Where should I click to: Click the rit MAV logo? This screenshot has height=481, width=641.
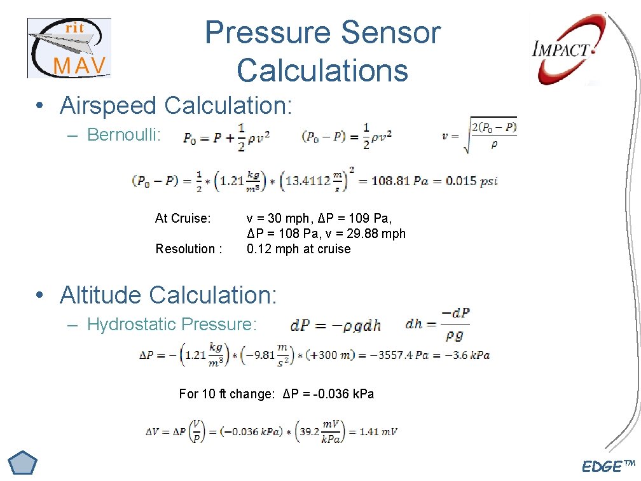tap(69, 48)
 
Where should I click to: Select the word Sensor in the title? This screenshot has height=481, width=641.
tap(390, 33)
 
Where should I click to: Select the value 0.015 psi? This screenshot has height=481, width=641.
tap(471, 181)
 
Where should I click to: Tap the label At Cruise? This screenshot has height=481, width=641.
tap(183, 218)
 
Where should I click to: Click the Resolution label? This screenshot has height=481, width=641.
tap(189, 249)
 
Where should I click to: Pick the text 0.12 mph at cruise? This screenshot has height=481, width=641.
tap(298, 249)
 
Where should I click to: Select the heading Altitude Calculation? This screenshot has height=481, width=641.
tap(169, 295)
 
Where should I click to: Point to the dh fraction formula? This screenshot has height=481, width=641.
tap(438, 324)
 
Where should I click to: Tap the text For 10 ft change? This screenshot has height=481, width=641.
tap(226, 394)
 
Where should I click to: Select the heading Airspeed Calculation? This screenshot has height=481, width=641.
tap(176, 106)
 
